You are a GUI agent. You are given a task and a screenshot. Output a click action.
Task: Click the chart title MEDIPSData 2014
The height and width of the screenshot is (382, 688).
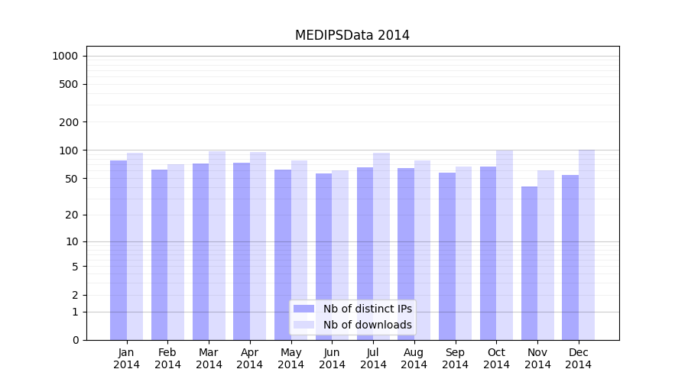[x=352, y=36]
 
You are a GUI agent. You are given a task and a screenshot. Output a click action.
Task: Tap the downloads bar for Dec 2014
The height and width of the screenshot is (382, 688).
[x=586, y=244]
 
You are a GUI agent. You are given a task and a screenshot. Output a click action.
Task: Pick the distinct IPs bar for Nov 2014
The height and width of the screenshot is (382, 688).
[x=529, y=263]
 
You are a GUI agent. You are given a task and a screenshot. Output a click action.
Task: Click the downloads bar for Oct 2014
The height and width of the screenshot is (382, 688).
[x=505, y=244]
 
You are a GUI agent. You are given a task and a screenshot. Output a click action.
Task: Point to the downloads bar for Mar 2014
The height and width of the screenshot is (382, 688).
[x=217, y=245]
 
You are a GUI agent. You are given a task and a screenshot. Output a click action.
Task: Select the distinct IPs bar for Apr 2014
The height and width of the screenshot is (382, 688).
[x=242, y=251]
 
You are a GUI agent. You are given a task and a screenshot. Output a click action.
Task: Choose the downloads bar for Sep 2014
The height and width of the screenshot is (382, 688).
[x=463, y=253]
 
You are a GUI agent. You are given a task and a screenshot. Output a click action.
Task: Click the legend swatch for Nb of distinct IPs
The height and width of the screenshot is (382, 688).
[x=303, y=309]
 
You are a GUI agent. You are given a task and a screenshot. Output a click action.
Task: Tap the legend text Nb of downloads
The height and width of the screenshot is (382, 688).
[x=368, y=325]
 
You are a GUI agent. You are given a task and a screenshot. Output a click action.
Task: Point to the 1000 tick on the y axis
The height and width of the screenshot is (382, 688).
[x=65, y=56]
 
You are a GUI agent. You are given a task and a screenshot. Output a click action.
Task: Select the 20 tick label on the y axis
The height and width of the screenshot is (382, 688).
[x=72, y=215]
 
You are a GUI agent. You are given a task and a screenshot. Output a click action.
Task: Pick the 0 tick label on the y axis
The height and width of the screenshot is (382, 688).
[x=75, y=340]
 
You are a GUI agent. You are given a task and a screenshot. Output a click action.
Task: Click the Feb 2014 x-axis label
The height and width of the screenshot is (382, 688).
[x=167, y=359]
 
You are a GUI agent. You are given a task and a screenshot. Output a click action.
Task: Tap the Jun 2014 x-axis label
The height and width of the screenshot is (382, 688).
[x=332, y=359]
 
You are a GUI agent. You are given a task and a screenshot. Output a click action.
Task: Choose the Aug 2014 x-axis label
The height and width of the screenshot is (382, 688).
[x=414, y=359]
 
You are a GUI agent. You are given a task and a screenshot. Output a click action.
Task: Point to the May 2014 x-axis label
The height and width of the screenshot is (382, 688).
[x=290, y=359]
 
